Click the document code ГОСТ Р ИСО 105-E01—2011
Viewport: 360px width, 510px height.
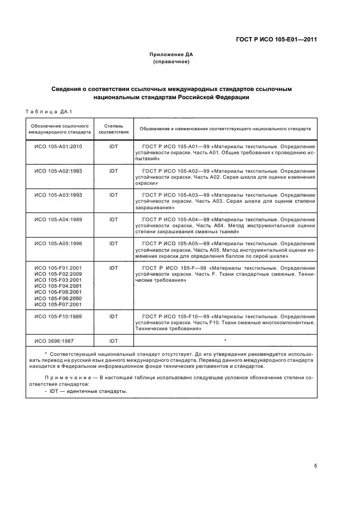point(276,39)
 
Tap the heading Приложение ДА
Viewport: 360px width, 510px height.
point(172,54)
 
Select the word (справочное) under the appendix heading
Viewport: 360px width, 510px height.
point(172,62)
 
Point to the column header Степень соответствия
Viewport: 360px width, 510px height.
point(114,129)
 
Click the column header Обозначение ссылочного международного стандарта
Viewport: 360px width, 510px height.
point(59,129)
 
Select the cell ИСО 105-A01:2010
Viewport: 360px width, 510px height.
point(58,147)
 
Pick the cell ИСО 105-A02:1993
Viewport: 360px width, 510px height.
point(58,171)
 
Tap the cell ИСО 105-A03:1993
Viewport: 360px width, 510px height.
point(58,195)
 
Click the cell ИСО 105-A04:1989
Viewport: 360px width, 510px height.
point(58,219)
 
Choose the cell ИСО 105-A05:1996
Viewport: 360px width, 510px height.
point(58,243)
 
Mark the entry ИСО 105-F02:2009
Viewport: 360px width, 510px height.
point(58,274)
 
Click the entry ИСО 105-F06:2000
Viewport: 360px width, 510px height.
point(58,298)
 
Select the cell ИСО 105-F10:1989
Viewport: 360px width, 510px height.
point(58,316)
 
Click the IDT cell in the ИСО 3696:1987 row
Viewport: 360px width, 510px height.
point(114,341)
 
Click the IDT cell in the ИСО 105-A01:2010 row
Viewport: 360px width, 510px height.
point(114,147)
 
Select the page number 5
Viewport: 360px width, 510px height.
point(316,466)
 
